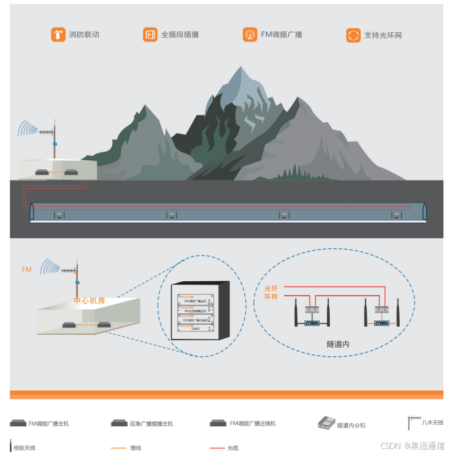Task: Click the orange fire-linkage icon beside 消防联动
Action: (x=58, y=34)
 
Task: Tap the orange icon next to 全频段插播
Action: (x=150, y=34)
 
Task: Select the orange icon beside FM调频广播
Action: (x=249, y=34)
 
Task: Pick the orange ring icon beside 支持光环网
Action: (x=353, y=35)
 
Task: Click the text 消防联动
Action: (x=84, y=34)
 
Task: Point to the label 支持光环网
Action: (x=383, y=36)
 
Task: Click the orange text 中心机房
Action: (x=89, y=301)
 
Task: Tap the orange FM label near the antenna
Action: (x=27, y=270)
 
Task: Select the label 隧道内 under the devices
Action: (x=338, y=344)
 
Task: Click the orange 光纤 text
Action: (x=271, y=288)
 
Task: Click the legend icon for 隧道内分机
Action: (x=326, y=423)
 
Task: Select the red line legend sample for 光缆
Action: (x=216, y=448)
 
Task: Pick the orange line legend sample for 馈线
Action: (x=118, y=448)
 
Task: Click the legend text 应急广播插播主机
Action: (x=152, y=424)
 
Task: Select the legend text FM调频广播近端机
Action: (x=253, y=424)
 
